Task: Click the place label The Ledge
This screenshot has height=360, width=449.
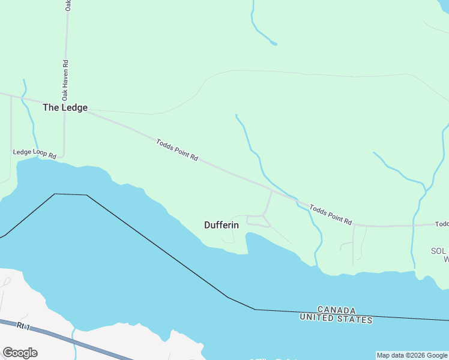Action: coord(65,108)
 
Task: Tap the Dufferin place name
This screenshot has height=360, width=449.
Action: coord(221,225)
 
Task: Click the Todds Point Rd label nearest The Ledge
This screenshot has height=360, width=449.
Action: coord(177,150)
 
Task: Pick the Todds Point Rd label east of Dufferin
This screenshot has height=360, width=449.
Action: coord(330,214)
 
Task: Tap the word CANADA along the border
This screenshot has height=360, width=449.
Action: coord(336,310)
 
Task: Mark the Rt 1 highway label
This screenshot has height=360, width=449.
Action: coord(23,326)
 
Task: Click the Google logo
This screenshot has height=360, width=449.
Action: coord(20,353)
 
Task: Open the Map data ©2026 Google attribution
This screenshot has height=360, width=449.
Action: coord(411,355)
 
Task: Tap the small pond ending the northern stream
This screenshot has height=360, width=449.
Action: coord(274,43)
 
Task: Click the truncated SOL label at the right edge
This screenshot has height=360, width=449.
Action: coord(439,250)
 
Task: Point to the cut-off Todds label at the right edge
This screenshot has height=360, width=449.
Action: coord(442,224)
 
